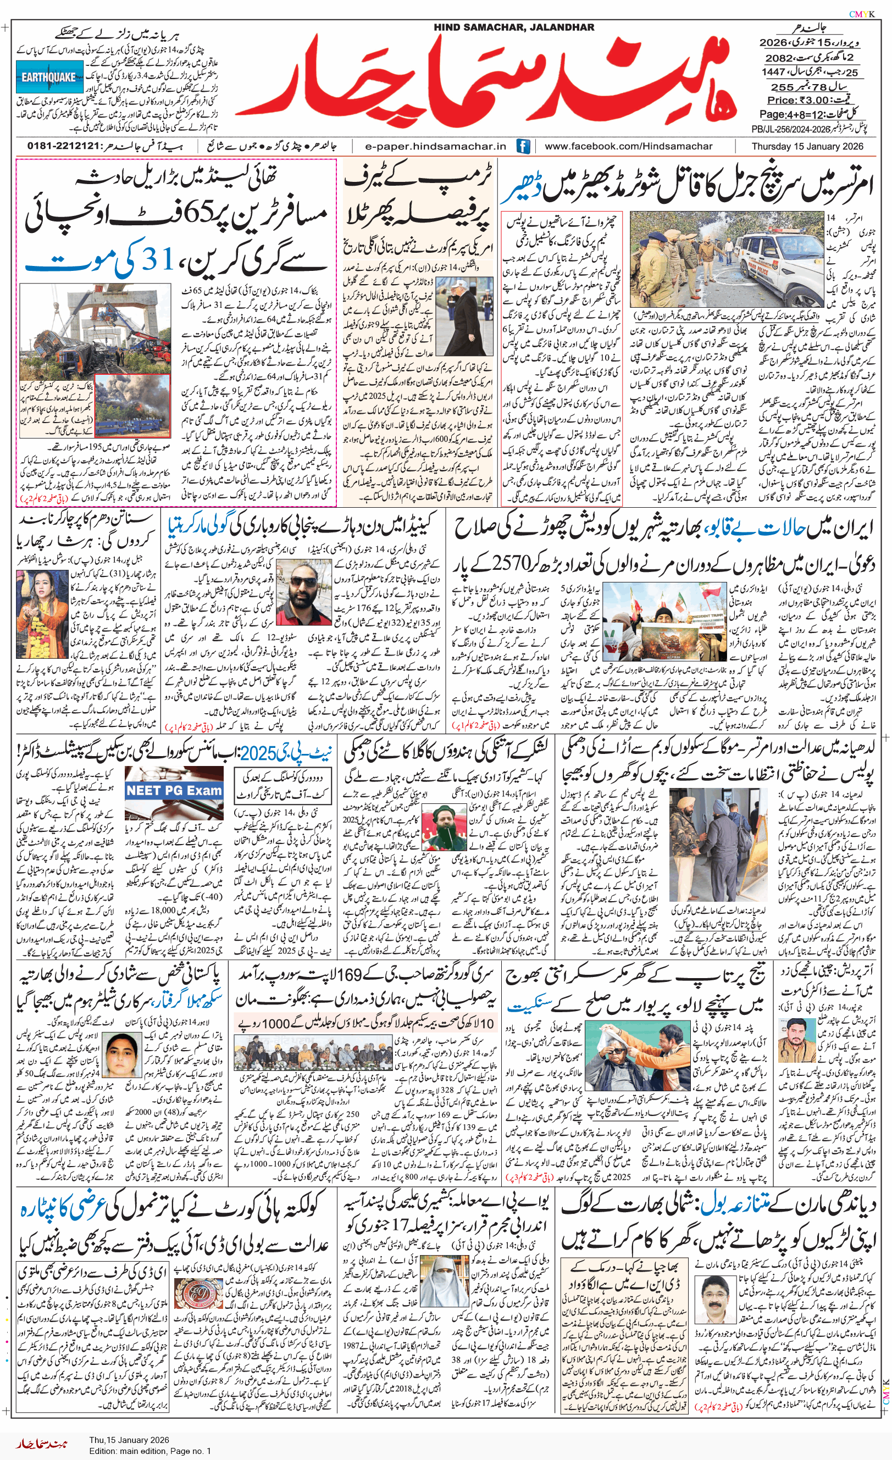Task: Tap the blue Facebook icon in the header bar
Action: tap(523, 146)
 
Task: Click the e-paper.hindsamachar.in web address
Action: tap(436, 146)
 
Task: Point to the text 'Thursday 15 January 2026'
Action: tap(807, 146)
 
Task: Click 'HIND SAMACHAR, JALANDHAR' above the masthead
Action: tap(513, 27)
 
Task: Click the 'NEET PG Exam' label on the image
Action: tap(174, 790)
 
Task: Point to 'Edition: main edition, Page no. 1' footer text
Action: tap(150, 1451)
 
